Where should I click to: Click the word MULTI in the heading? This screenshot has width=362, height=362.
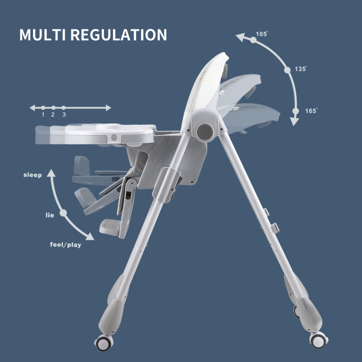click(43, 35)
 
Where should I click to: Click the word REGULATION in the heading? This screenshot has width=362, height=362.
click(119, 35)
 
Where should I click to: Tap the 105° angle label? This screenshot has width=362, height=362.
click(262, 34)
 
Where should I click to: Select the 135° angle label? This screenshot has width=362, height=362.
click(300, 69)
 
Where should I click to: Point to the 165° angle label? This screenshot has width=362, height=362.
click(311, 111)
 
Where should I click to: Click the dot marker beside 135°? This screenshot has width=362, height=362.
click(287, 70)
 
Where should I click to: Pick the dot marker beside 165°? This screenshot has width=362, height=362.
click(295, 111)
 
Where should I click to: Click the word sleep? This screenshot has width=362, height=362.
click(33, 175)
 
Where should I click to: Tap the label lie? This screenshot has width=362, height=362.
click(50, 215)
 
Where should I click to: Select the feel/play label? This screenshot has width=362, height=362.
click(66, 245)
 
